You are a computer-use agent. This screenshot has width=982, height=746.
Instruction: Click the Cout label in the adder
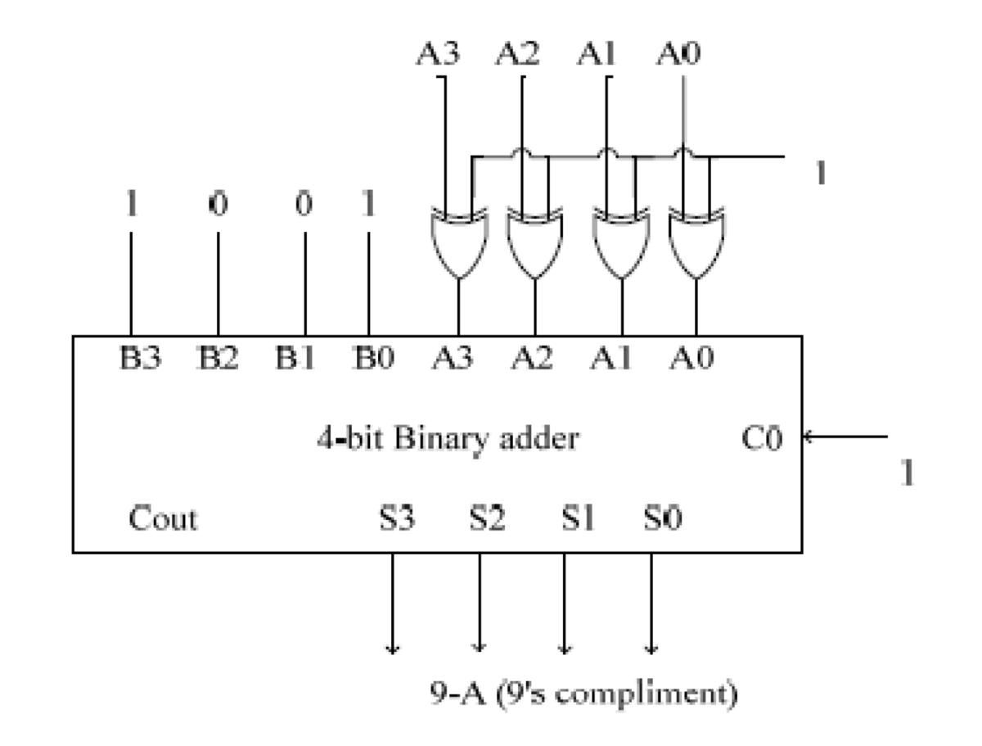click(x=163, y=518)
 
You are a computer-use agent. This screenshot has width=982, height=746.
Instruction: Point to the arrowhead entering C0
click(x=807, y=436)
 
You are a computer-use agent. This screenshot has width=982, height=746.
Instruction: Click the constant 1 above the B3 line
click(x=131, y=205)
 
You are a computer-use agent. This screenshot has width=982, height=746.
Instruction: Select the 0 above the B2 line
click(x=218, y=205)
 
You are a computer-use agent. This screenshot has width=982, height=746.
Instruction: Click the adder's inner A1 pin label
click(x=610, y=359)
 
